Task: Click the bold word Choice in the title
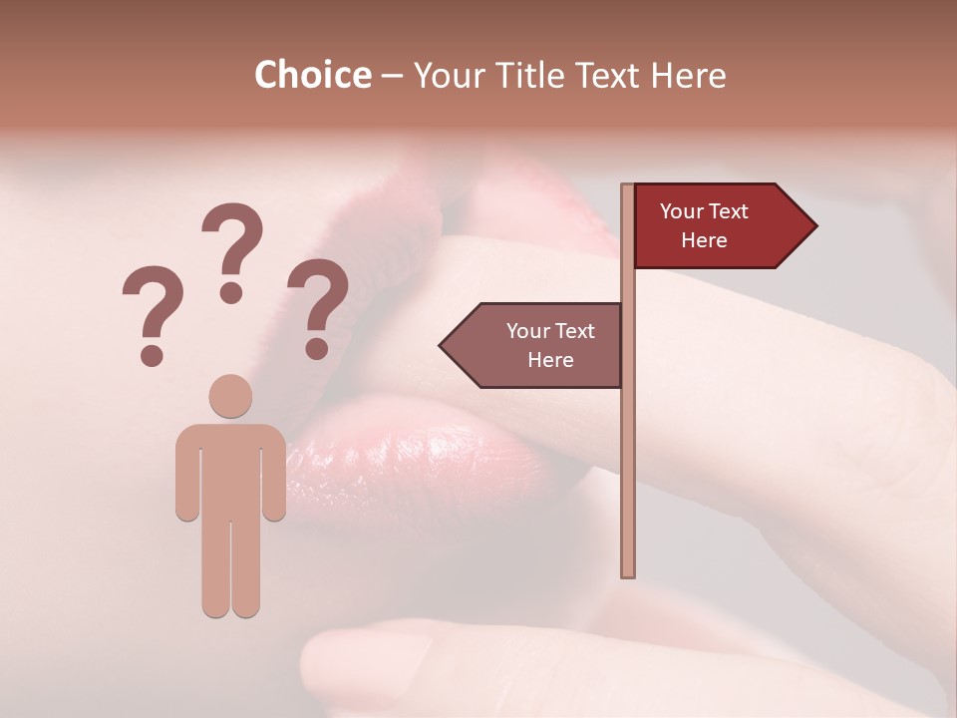(312, 76)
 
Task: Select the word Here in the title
(689, 76)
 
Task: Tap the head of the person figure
(231, 396)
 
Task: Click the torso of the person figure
(231, 469)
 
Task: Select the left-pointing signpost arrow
(533, 345)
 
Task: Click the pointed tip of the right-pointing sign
(813, 226)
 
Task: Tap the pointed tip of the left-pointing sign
(443, 345)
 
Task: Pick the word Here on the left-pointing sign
(550, 360)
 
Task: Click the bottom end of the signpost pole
(628, 572)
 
